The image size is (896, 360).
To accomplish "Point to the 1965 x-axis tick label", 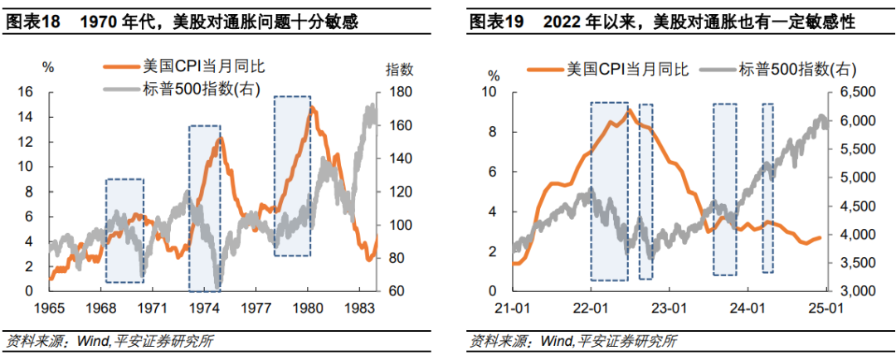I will (x=49, y=307).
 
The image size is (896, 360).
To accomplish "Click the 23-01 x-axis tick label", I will (x=669, y=308).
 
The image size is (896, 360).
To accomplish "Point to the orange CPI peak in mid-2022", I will (x=630, y=110).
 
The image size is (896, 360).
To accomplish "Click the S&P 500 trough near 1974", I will (x=217, y=287).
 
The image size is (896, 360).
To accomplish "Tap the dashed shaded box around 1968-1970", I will (x=124, y=218).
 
